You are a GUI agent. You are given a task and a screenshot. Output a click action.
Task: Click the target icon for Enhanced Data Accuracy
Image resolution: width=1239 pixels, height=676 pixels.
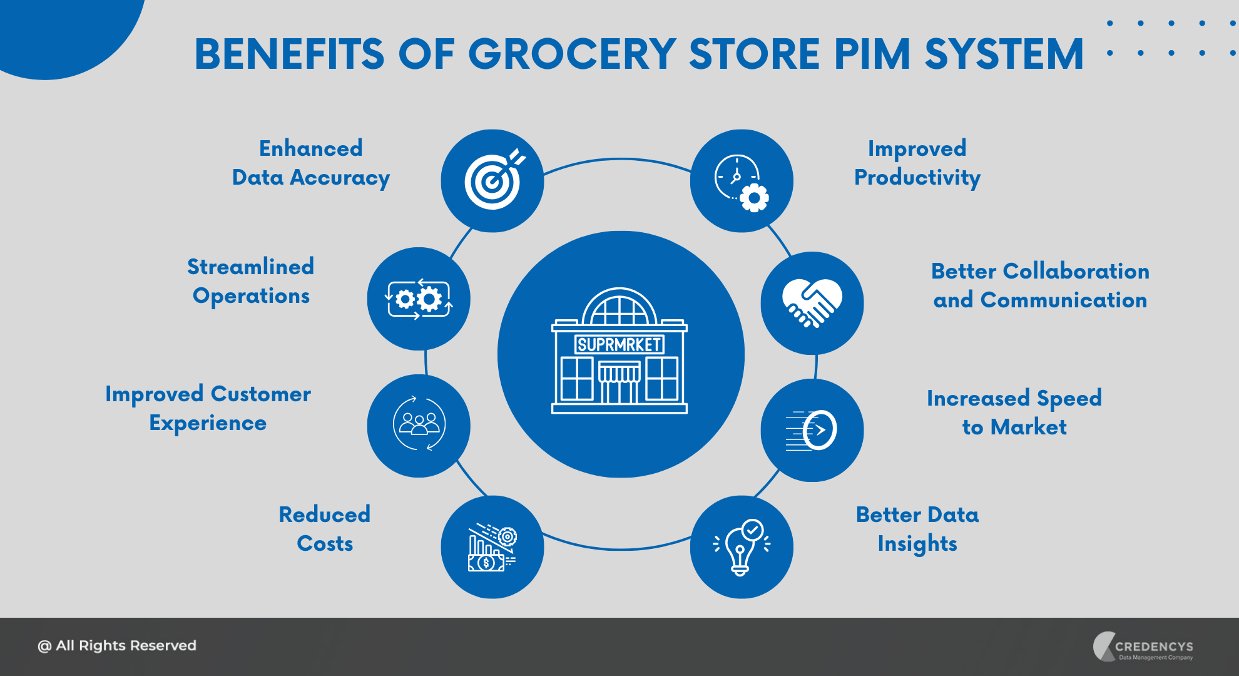click(x=492, y=181)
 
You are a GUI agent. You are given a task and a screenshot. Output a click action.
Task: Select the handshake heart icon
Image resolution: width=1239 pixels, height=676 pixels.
click(x=812, y=303)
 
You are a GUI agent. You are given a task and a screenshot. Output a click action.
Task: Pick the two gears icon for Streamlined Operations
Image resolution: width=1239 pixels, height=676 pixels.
click(x=418, y=299)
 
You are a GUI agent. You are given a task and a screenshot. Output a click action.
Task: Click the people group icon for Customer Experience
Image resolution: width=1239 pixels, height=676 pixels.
click(x=419, y=424)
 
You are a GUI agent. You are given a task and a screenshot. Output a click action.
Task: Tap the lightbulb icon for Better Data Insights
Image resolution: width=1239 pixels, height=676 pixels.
click(x=742, y=546)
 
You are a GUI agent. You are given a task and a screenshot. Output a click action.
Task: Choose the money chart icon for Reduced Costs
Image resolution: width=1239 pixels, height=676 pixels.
click(x=492, y=547)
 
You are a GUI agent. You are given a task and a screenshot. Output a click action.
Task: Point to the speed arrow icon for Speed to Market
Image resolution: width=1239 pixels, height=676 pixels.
click(x=812, y=430)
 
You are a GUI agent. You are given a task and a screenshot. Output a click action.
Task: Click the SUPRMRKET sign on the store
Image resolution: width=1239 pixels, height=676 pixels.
click(x=619, y=345)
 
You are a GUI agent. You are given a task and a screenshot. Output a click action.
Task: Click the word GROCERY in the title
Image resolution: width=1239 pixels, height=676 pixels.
click(x=572, y=54)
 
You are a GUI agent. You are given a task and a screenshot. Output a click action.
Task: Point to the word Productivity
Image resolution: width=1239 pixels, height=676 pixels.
click(x=917, y=178)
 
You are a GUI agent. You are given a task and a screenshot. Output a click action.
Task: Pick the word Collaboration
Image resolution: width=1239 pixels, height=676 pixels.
click(x=1076, y=271)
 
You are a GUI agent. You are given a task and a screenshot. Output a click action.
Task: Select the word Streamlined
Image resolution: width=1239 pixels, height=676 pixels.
click(x=250, y=267)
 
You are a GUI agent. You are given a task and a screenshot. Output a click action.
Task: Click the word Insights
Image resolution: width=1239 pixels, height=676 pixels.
click(x=917, y=544)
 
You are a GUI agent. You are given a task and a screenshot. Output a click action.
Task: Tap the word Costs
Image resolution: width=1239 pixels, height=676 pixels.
click(x=325, y=543)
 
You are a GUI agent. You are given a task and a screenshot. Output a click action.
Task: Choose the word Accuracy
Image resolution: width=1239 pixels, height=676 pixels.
click(x=340, y=178)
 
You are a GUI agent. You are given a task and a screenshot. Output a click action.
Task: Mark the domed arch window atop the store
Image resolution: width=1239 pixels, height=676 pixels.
click(x=619, y=307)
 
